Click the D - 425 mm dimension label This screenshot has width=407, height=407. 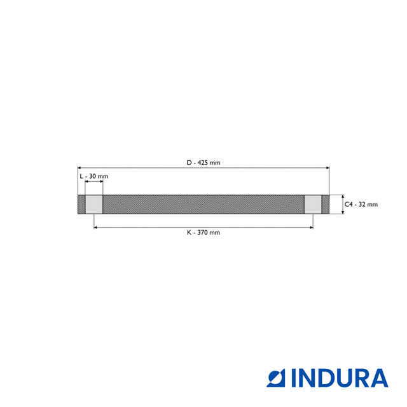tap(203, 163)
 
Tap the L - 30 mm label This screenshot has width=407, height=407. tap(93, 176)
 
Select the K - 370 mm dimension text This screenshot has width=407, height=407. tap(203, 233)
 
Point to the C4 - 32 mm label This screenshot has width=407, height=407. tap(361, 204)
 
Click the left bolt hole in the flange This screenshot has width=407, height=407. tap(94, 204)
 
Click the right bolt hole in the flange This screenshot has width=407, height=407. tap(312, 204)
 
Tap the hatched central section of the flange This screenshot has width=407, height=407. tap(203, 204)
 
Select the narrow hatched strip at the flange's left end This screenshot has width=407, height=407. tap(81, 204)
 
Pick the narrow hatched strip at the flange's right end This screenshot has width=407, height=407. tap(326, 204)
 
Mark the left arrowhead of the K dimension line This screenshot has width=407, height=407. tap(96, 226)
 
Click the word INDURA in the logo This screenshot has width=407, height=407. tap(340, 378)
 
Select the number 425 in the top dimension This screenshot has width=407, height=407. tap(203, 163)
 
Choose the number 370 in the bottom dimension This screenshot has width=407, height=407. tap(203, 233)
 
